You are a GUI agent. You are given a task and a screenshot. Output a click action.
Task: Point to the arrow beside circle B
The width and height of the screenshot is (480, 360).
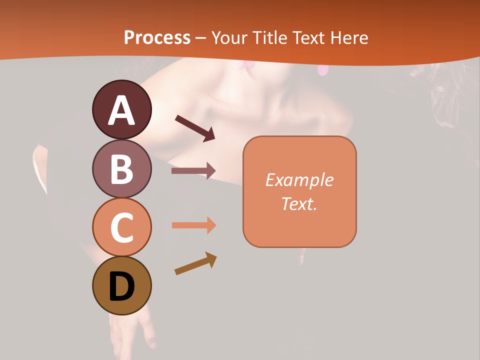pos(193,171)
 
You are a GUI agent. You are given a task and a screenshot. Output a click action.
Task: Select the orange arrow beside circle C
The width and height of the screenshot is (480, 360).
pos(194,225)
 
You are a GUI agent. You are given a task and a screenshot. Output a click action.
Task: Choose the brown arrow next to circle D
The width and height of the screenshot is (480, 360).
pos(195,263)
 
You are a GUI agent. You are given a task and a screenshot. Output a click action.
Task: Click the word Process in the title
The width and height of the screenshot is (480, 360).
pos(157,38)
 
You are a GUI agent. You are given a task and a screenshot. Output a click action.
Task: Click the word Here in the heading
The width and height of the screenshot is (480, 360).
pos(349,38)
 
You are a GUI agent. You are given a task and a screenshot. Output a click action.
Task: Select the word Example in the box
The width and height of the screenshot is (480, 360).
pos(299,180)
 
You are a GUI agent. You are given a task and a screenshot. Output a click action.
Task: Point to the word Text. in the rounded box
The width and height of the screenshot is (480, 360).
pos(299,203)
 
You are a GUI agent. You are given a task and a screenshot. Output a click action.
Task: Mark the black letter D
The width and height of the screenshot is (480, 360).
pos(121,286)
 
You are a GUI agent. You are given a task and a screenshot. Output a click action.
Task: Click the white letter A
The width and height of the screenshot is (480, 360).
pos(121,110)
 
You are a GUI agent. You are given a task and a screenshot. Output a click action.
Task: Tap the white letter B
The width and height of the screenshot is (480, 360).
pos(121,169)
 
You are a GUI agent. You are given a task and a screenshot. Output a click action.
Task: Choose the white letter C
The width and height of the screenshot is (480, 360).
pos(121,227)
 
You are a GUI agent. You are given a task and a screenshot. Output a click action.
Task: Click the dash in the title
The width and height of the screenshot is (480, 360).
pos(201,38)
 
